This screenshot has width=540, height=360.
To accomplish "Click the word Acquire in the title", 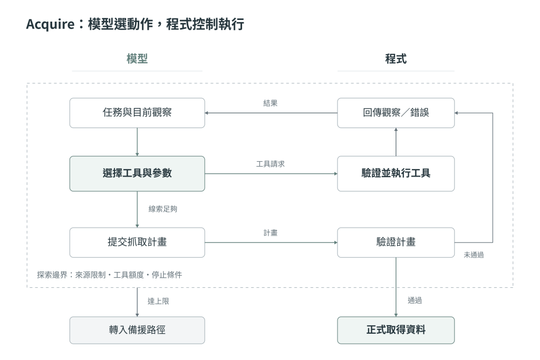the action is pyautogui.click(x=50, y=24).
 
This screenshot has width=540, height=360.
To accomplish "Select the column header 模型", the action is pyautogui.click(x=137, y=59).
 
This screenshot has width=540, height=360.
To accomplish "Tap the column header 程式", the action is pyautogui.click(x=396, y=59).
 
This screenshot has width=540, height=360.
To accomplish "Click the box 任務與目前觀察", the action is pyautogui.click(x=137, y=113).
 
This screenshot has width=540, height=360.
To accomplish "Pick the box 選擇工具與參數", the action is pyautogui.click(x=137, y=173).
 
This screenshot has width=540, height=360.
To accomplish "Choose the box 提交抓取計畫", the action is pyautogui.click(x=137, y=242).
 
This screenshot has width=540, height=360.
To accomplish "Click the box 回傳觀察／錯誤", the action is pyautogui.click(x=396, y=113).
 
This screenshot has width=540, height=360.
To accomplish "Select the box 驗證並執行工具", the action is pyautogui.click(x=396, y=173).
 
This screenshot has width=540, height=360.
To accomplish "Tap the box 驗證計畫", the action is pyautogui.click(x=396, y=242).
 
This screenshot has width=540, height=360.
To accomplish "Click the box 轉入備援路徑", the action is pyautogui.click(x=137, y=330).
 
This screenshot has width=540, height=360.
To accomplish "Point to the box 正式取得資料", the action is pyautogui.click(x=396, y=330).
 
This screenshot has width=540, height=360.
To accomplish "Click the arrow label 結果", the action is pyautogui.click(x=271, y=103).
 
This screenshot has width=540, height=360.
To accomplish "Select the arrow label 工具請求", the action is pyautogui.click(x=271, y=164).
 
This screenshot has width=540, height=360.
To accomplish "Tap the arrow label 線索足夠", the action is pyautogui.click(x=163, y=209).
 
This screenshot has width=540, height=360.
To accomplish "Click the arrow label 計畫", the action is pyautogui.click(x=271, y=233).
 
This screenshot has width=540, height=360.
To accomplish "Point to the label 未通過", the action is pyautogui.click(x=474, y=255).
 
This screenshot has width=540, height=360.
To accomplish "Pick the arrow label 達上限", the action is pyautogui.click(x=158, y=301).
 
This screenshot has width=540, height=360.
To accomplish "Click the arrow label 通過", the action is pyautogui.click(x=414, y=300).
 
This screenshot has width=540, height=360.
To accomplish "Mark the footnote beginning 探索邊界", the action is pyautogui.click(x=110, y=275).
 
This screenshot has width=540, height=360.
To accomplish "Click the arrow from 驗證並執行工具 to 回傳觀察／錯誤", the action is pyautogui.click(x=396, y=142).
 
